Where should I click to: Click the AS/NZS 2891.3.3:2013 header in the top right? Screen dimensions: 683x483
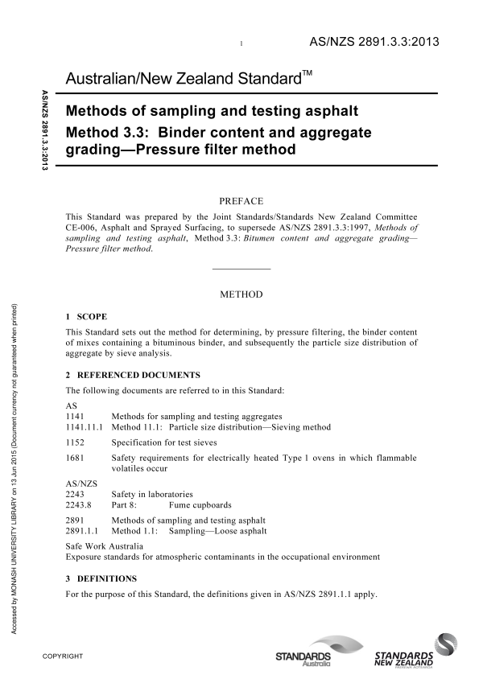[x=374, y=41]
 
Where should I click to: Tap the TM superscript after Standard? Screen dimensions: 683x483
[x=308, y=73]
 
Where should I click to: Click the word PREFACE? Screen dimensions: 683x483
[x=242, y=200]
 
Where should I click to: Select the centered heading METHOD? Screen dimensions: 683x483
[x=242, y=295]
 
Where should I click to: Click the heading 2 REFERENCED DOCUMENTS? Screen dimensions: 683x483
[x=133, y=375]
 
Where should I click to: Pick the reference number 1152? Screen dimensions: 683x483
[x=74, y=442]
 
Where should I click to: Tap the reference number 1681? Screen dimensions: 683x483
[x=74, y=458]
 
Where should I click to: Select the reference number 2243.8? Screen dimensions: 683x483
[x=77, y=505]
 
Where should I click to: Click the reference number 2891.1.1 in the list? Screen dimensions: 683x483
[x=80, y=533]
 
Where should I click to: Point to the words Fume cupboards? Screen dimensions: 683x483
[x=200, y=505]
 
